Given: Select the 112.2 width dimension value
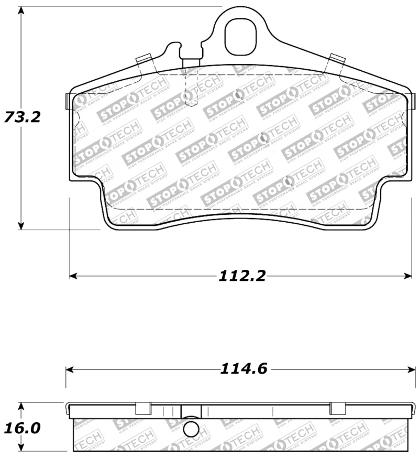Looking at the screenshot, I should coord(241,276).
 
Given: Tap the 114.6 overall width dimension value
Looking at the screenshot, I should coord(244,369).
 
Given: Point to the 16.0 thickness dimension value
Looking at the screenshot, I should coord(22,428).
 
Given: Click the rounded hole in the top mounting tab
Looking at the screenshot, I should coord(240,37).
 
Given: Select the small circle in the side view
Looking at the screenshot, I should coord(192,430).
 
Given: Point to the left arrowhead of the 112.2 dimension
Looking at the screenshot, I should coord(74,276).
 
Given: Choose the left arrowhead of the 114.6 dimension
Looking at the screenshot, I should coord(70,369).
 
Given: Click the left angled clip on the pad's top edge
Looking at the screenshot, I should coord(145,62).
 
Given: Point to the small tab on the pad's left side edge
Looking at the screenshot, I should coord(67,101).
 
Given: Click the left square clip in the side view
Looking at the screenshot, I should coord(143,408).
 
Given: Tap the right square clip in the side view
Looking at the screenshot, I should coord(337,408).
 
